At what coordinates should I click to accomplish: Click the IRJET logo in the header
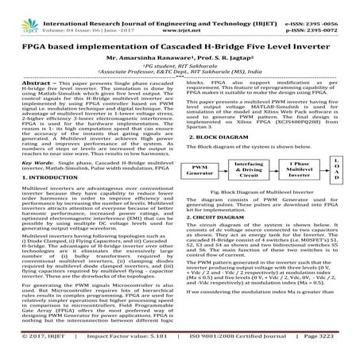click(17, 12)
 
